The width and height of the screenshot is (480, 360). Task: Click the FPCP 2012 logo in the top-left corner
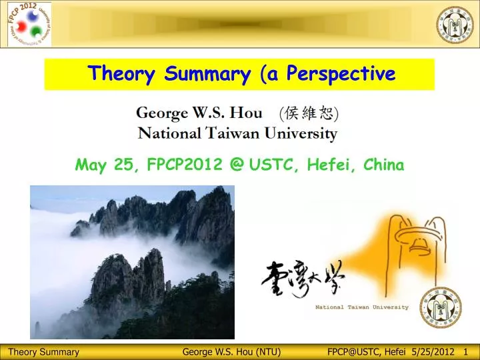[x=27, y=25]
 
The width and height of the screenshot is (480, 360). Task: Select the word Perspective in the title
[x=341, y=74]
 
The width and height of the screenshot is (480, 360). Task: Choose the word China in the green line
[x=385, y=165]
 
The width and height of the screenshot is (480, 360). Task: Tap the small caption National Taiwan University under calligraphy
[x=362, y=307]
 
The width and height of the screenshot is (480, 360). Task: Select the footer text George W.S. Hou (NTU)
[x=231, y=352]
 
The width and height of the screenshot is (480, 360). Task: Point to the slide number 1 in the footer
[x=465, y=352]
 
